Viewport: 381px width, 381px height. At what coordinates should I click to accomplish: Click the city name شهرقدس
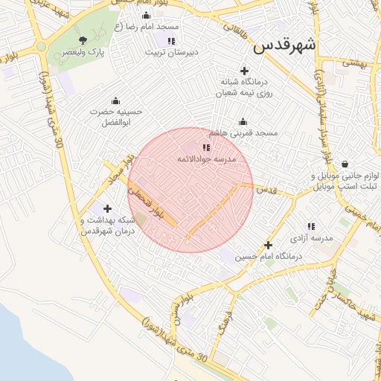point(284,45)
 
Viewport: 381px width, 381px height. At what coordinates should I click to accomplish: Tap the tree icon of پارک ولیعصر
point(83,40)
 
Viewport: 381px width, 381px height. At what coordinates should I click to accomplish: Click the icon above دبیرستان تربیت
point(172,41)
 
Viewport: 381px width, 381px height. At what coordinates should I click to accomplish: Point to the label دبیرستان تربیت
point(171,53)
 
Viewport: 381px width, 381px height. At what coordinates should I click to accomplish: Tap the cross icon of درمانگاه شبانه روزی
point(246,70)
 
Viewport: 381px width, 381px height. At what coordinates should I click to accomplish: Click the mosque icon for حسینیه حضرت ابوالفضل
point(115,101)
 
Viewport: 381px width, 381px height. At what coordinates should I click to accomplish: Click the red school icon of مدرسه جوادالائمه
point(206,148)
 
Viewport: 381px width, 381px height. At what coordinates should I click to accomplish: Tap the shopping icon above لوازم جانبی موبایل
point(345,164)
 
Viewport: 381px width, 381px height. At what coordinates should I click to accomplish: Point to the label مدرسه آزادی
point(311,237)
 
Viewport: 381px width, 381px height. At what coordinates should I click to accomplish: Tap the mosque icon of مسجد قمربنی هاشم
point(242,122)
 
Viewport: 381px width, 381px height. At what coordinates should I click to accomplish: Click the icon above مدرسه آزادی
point(311,226)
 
